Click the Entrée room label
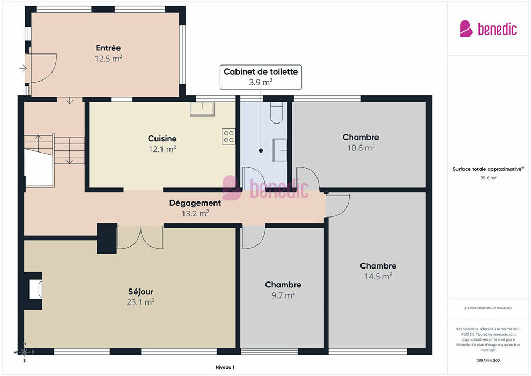(108, 48)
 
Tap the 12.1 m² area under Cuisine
(162, 149)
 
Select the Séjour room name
(141, 292)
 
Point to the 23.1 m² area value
(141, 302)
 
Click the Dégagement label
(195, 203)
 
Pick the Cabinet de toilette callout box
(261, 77)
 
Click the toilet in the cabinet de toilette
(277, 112)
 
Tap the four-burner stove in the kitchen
(228, 136)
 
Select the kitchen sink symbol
(202, 109)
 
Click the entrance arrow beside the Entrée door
(23, 69)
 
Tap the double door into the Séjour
(141, 237)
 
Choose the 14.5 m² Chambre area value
(378, 277)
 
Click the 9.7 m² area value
(283, 295)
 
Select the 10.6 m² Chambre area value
(360, 148)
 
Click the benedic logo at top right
(488, 29)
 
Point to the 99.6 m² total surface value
(488, 178)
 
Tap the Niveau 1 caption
(225, 367)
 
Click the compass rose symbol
(24, 352)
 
